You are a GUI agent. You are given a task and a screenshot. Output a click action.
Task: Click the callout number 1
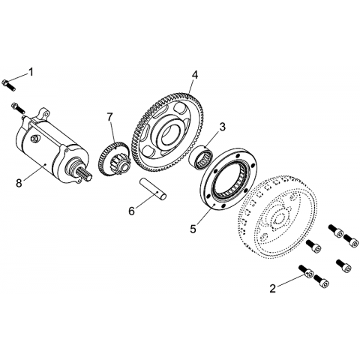31,72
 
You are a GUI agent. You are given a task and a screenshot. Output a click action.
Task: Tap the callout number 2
272,289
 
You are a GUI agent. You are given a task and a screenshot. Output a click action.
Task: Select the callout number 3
222,127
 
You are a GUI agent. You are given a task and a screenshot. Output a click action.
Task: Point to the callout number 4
195,75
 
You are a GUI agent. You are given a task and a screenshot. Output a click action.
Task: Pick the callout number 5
193,229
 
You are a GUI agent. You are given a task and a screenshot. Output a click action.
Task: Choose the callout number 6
131,211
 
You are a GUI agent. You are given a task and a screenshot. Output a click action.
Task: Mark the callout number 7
109,117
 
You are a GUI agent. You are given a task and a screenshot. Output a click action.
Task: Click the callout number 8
19,183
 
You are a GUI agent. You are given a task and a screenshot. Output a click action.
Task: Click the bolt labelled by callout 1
8,85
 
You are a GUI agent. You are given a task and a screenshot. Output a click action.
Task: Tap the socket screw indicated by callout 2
305,271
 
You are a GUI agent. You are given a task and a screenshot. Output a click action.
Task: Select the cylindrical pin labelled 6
153,189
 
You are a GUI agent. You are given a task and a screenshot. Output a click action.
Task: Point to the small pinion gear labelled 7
114,158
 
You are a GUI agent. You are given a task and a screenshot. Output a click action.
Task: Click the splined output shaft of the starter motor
85,174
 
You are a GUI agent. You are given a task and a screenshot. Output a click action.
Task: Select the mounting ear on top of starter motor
43,114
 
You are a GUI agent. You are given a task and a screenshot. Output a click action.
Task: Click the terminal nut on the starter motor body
34,138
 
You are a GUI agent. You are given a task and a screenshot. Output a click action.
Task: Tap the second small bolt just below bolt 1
18,107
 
